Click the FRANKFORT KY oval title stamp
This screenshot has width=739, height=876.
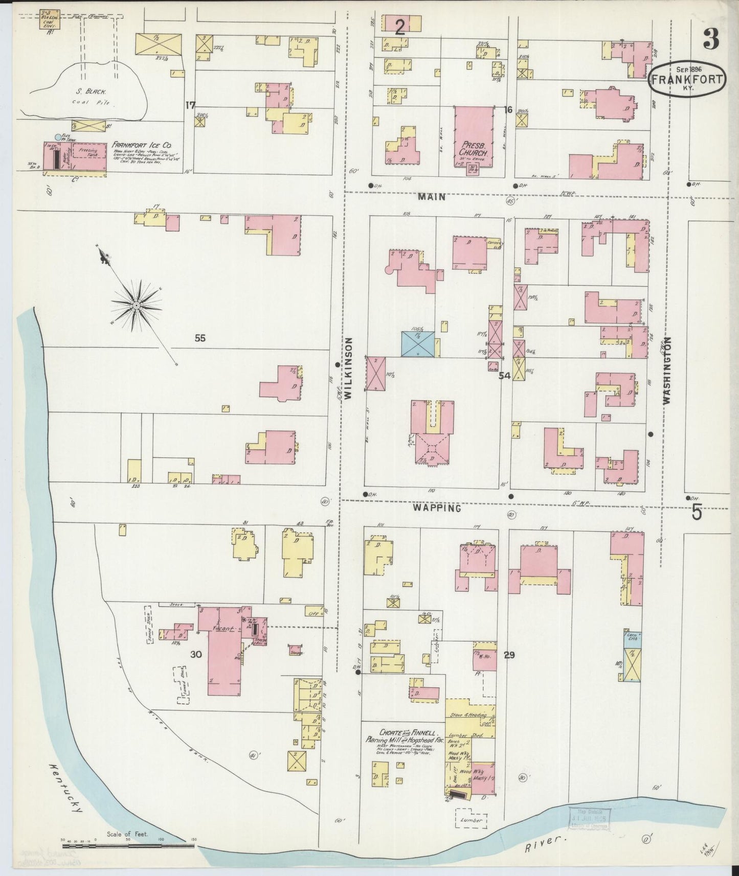point(687,79)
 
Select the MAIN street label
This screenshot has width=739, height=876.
point(431,196)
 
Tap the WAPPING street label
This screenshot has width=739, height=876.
point(437,508)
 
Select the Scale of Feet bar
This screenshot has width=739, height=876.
point(128,845)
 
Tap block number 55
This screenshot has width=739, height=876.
point(200,338)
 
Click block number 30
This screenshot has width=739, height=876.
point(196,655)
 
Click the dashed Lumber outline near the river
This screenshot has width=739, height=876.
point(471,820)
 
